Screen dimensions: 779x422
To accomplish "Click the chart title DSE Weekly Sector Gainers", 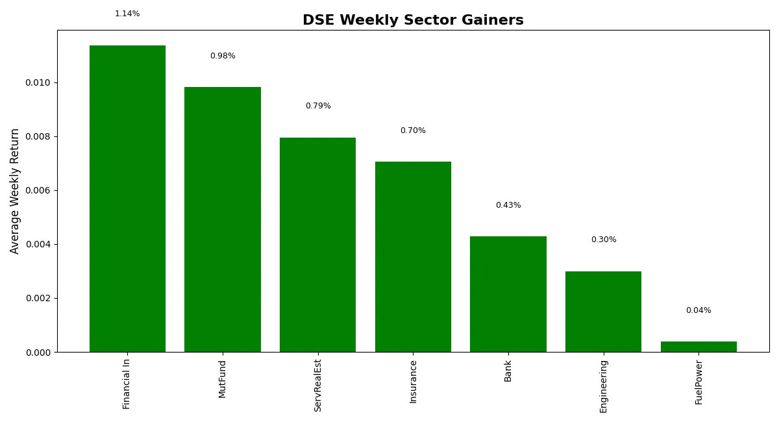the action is coord(413,20).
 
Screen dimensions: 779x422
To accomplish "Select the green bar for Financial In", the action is coord(128,199).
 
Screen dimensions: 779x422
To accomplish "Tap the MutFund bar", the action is coord(223,219).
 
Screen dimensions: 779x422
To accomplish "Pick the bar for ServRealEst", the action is coord(318,245).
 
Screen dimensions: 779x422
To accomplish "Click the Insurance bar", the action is coord(413,256).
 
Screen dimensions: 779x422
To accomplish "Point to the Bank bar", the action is coord(508,294).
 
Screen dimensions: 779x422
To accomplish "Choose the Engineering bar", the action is coord(603,312).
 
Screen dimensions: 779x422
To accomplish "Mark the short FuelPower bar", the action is coord(699,347).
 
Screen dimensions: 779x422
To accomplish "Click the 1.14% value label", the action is coord(127,14).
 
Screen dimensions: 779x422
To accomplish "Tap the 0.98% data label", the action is coord(223,56).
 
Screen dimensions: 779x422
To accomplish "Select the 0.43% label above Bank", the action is coord(508,205).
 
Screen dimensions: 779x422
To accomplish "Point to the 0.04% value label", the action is coord(699,310).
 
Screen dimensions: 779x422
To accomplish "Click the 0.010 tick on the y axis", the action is coord(38,83).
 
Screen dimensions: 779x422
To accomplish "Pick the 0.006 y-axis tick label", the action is coord(38,191).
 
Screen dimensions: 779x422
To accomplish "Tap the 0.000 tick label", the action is coord(38,353).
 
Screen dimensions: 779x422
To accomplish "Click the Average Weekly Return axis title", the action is coord(14,192).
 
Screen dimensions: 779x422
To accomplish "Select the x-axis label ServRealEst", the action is coord(317,386).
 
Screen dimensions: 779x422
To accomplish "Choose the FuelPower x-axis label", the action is coord(699,382).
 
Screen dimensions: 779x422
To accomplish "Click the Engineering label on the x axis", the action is coord(603,387).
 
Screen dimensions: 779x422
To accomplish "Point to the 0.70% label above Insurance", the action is coord(413,130).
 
